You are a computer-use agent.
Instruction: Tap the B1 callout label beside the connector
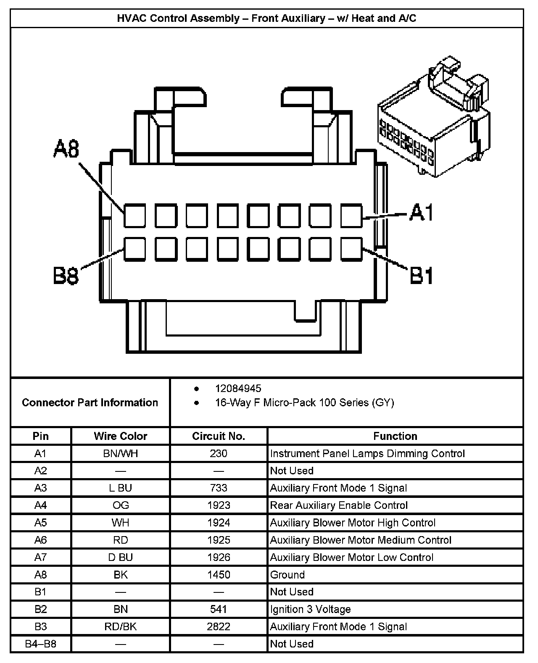pyautogui.click(x=422, y=276)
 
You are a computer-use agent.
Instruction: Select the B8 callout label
pyautogui.click(x=66, y=276)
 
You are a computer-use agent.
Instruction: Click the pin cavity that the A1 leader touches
pyautogui.click(x=351, y=216)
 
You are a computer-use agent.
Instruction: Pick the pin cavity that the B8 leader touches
pyautogui.click(x=134, y=248)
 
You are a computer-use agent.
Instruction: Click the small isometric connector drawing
pyautogui.click(x=434, y=116)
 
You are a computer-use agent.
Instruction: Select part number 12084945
pyautogui.click(x=238, y=389)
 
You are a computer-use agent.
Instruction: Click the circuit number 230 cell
pyautogui.click(x=219, y=454)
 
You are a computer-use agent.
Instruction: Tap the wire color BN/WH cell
pyautogui.click(x=121, y=454)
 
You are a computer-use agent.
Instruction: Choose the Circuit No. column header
pyautogui.click(x=219, y=436)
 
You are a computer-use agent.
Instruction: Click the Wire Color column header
pyautogui.click(x=121, y=436)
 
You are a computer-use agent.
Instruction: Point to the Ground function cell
pyautogui.click(x=287, y=575)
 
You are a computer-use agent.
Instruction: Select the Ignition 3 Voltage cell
pyautogui.click(x=310, y=609)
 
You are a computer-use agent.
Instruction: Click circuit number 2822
pyautogui.click(x=219, y=627)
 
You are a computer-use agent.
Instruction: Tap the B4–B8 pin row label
pyautogui.click(x=41, y=644)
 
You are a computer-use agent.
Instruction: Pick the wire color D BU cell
pyautogui.click(x=121, y=558)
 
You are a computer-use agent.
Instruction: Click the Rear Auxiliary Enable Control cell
pyautogui.click(x=339, y=505)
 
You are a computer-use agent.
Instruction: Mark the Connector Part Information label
pyautogui.click(x=90, y=403)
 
